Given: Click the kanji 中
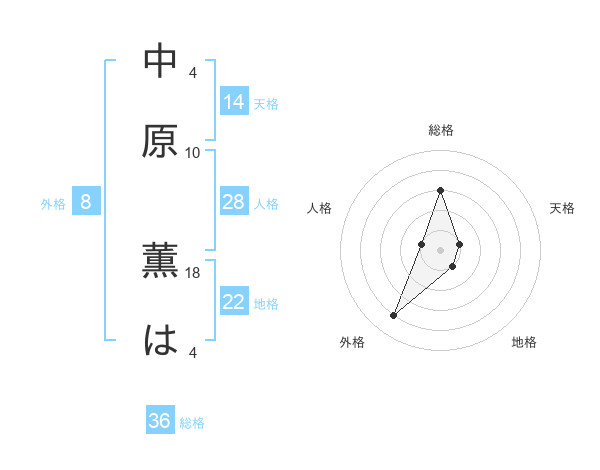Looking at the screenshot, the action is point(160,61).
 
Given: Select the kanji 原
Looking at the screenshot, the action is point(160,141).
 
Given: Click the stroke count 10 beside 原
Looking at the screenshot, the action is point(193,153).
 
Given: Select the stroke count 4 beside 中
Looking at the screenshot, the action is point(193,72).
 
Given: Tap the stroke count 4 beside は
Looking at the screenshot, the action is point(193,352).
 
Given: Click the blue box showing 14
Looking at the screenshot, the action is point(234,101).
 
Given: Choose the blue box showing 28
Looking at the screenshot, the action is point(234,202).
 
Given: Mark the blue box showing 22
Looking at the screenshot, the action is point(234,302).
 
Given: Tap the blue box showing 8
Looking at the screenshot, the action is point(86,202).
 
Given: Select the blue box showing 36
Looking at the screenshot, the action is point(160,421).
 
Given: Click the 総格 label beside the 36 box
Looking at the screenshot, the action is point(192,423).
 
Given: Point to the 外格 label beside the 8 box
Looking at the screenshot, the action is point(53,204).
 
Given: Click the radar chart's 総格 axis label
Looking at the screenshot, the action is point(440,130).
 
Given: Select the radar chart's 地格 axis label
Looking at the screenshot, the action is point(524,342).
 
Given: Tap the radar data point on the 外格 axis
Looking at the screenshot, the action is point(393,316).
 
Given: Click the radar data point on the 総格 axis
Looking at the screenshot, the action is point(440,190).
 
